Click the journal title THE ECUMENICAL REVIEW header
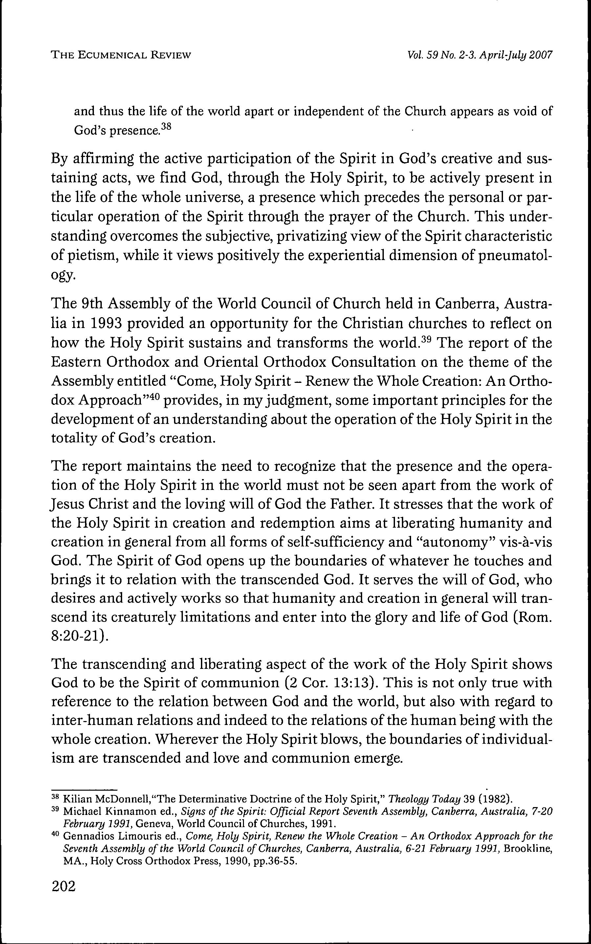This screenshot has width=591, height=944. click(121, 55)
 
